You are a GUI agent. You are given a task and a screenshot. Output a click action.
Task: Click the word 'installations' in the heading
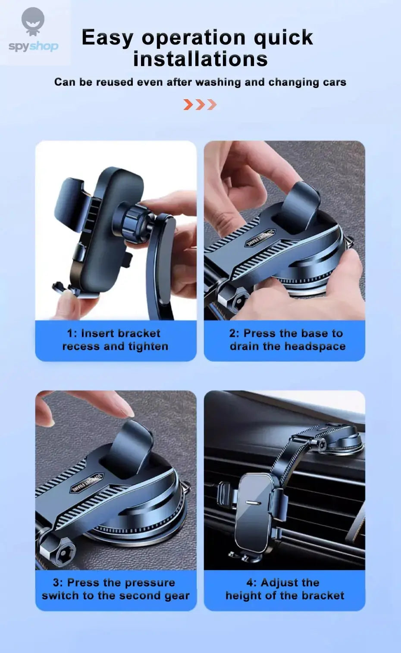(x=200, y=59)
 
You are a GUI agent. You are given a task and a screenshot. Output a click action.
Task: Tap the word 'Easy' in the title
(x=107, y=38)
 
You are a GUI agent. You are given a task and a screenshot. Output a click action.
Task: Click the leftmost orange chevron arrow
(x=188, y=104)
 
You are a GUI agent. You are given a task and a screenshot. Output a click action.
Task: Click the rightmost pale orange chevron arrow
(x=212, y=104)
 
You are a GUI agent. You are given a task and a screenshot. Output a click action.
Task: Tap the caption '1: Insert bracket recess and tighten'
(x=115, y=340)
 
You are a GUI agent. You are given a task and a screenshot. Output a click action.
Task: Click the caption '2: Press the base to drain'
(x=286, y=340)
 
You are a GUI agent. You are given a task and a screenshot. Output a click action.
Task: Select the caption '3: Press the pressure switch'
(x=115, y=589)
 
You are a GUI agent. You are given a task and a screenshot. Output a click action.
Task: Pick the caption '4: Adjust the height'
(x=284, y=589)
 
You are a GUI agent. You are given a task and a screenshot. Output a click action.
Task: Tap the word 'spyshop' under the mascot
(x=33, y=46)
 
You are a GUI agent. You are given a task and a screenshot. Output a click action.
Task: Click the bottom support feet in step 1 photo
(x=65, y=288)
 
